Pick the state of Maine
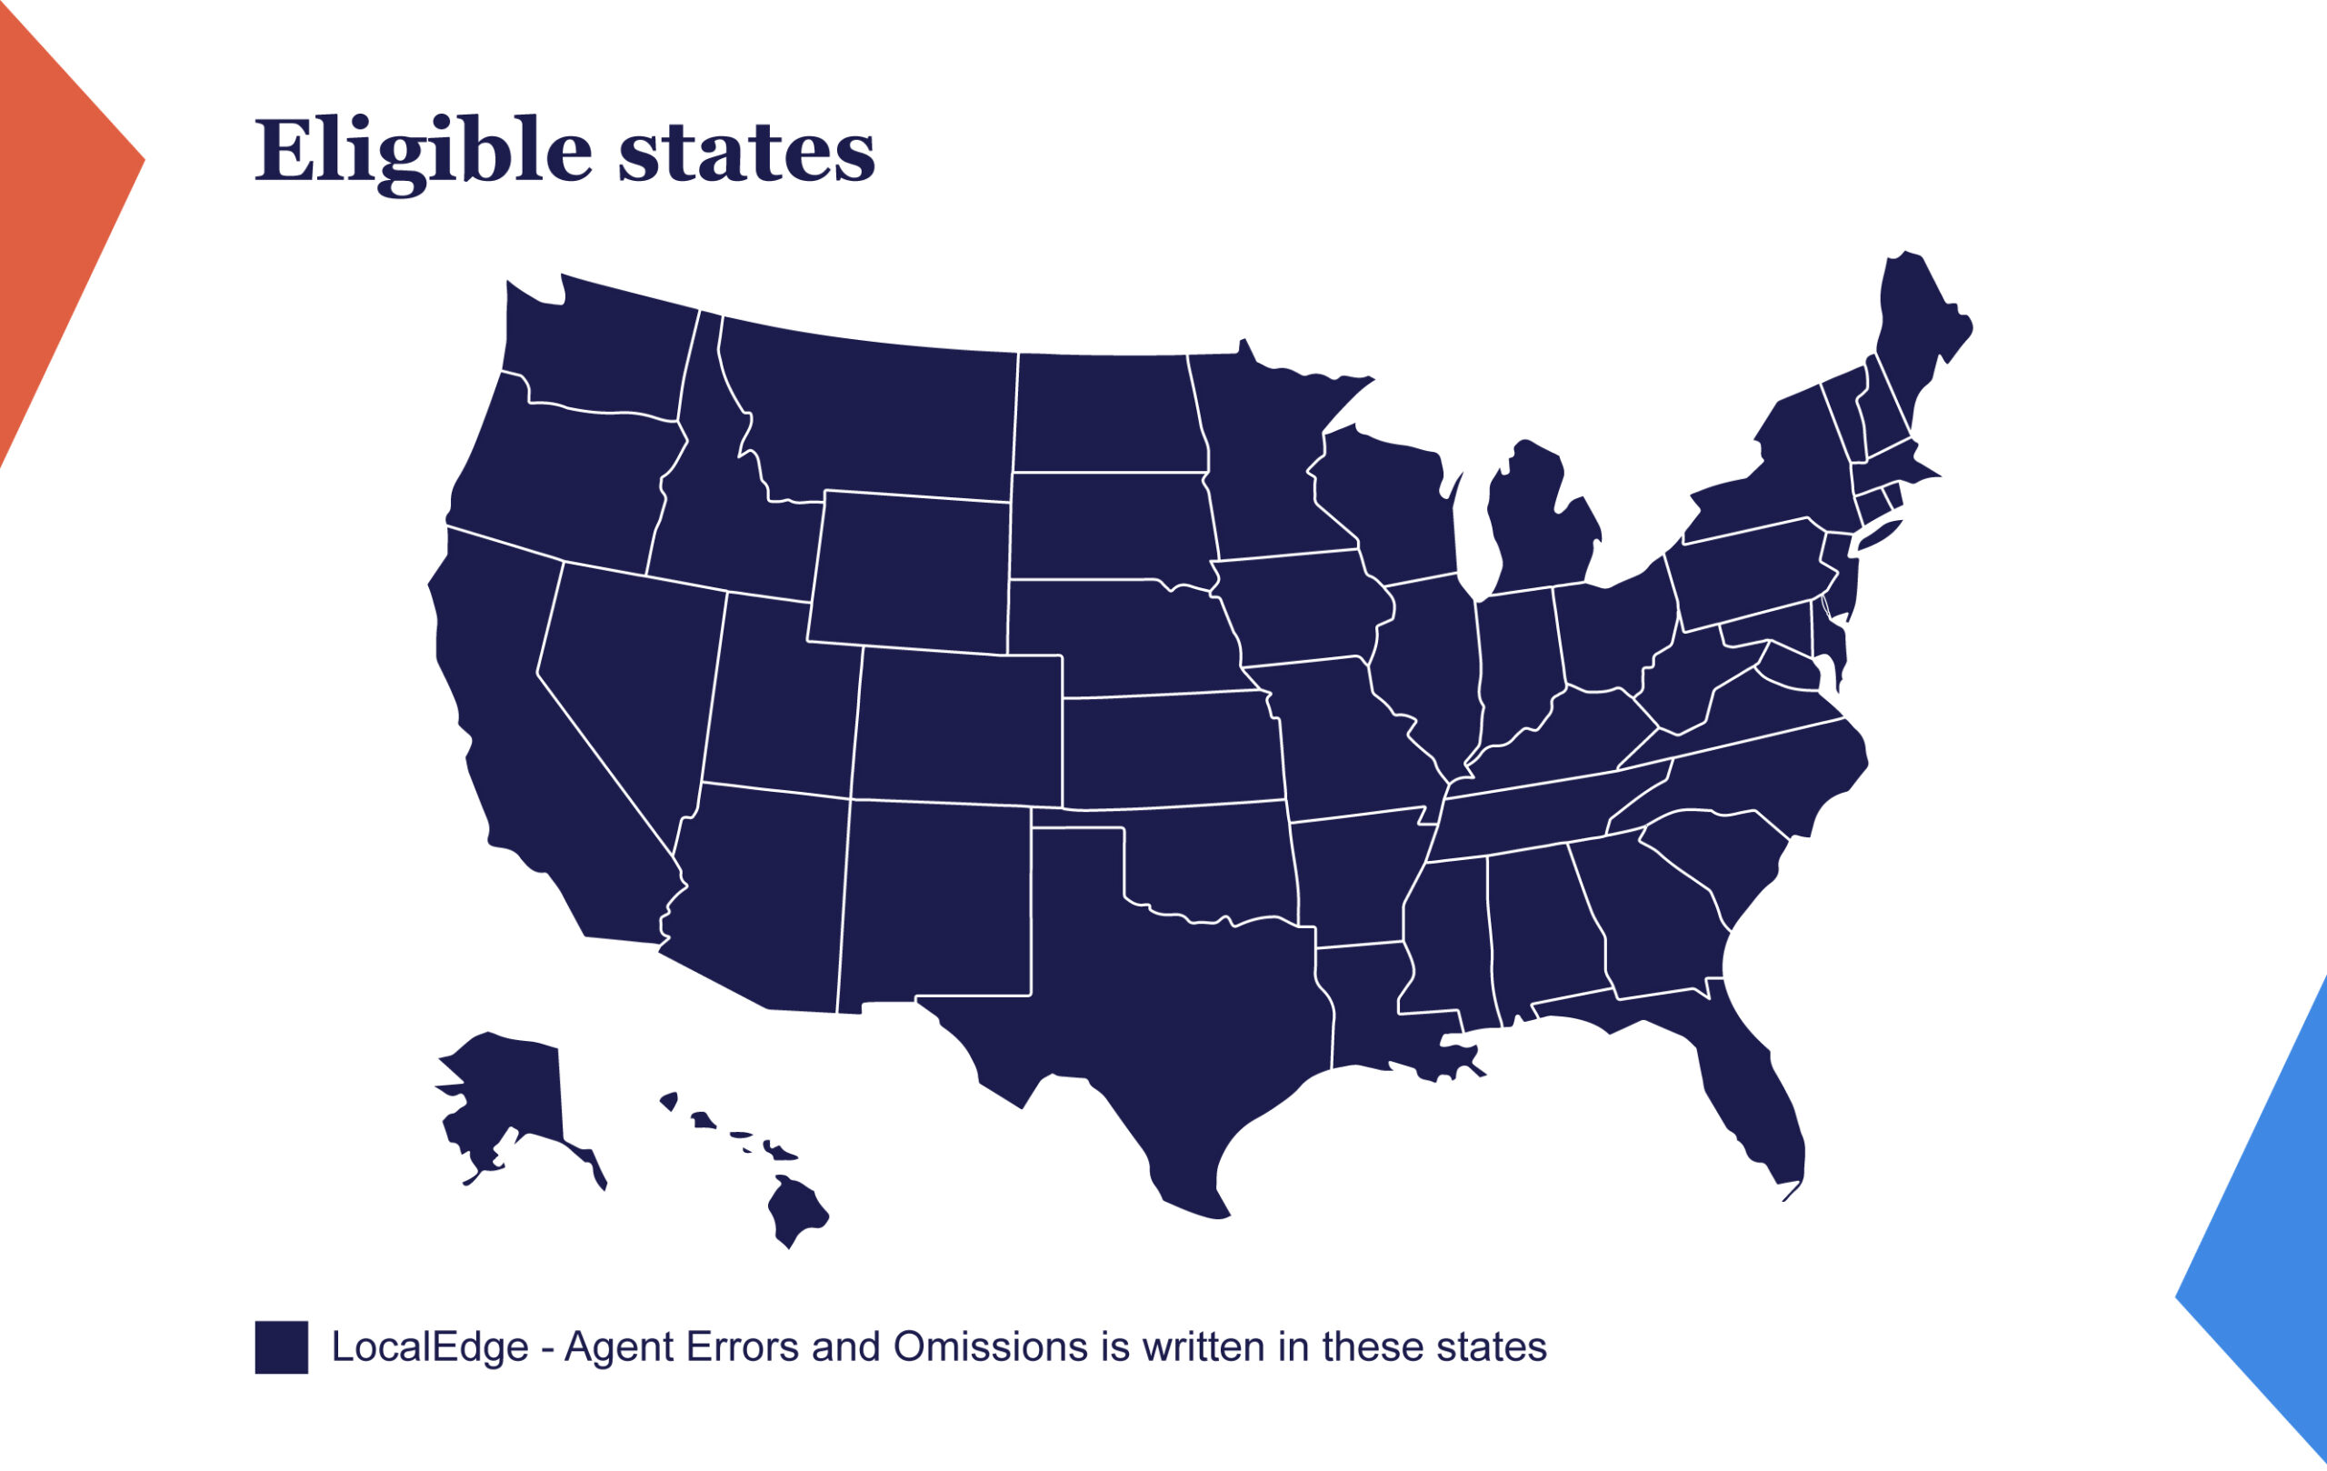pyautogui.click(x=1918, y=328)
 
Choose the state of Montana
pyautogui.click(x=870, y=415)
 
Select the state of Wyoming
pyautogui.click(x=908, y=570)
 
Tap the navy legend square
pyautogui.click(x=281, y=1347)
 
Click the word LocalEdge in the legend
pyautogui.click(x=429, y=1347)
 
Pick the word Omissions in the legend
pyautogui.click(x=990, y=1347)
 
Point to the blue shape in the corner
pyautogui.click(x=2271, y=1256)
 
